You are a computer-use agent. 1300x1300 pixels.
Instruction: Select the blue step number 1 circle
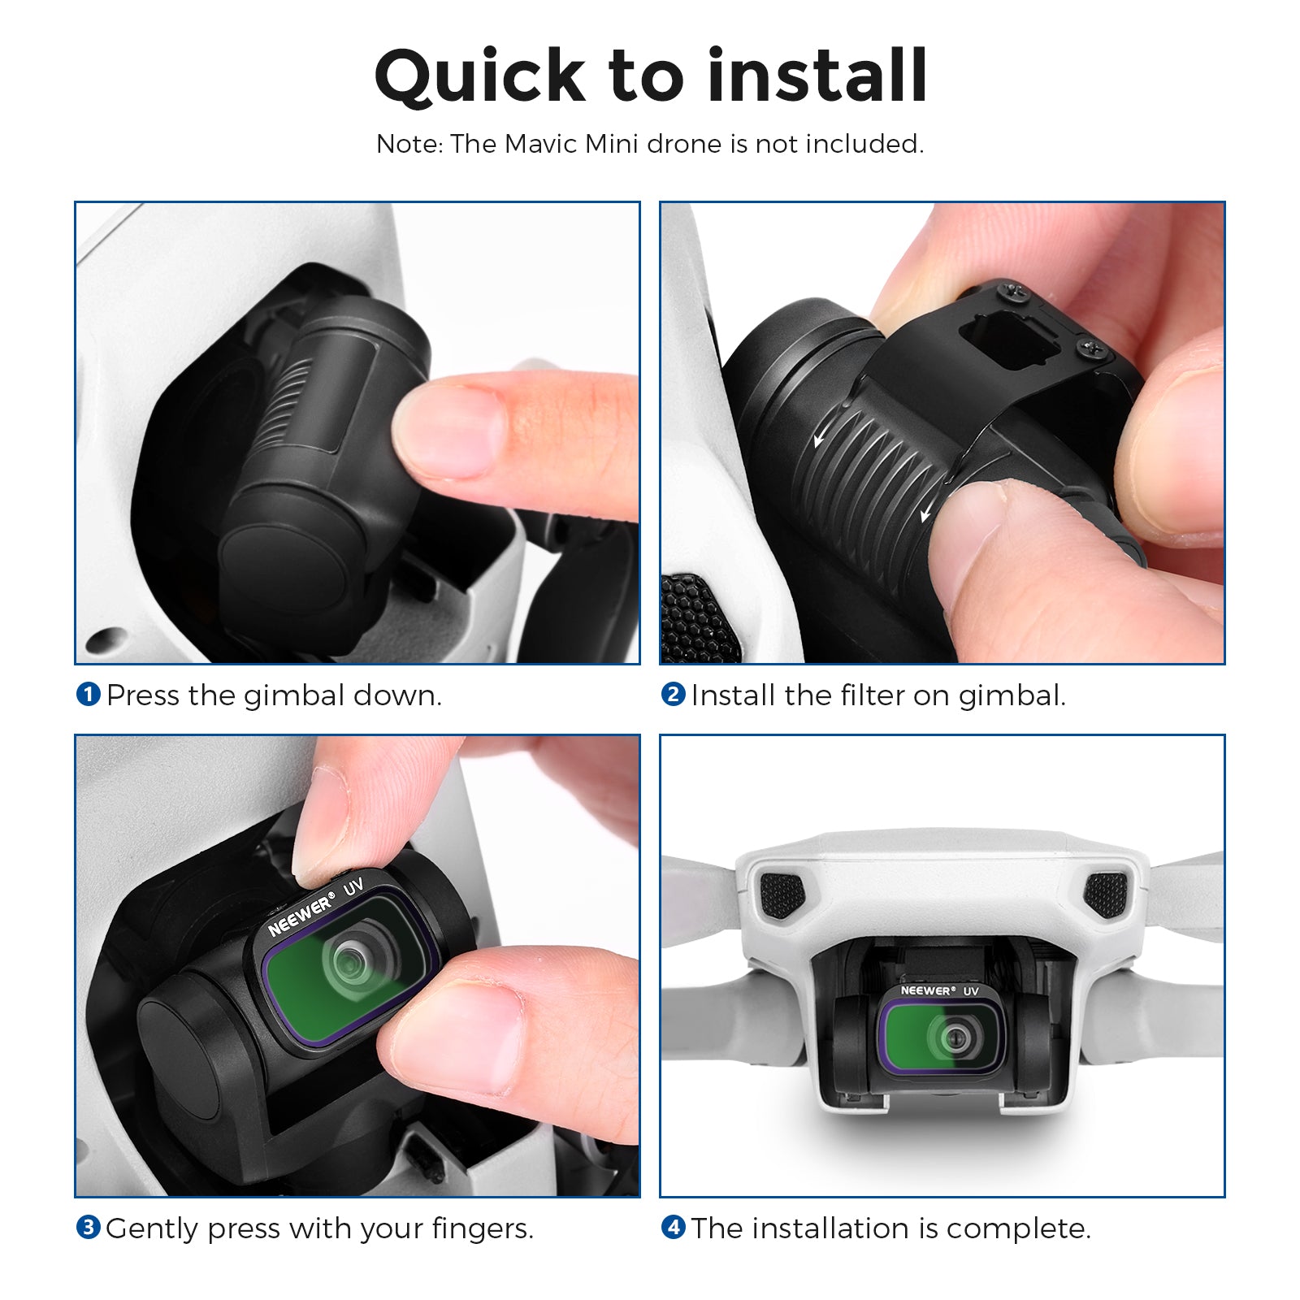click(x=88, y=695)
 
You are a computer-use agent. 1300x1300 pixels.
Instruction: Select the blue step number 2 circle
click(x=673, y=695)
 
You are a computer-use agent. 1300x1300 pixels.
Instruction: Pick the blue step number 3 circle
click(x=88, y=1228)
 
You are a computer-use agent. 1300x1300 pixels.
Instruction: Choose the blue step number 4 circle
click(x=673, y=1228)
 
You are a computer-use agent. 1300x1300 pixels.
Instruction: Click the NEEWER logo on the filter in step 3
click(x=301, y=915)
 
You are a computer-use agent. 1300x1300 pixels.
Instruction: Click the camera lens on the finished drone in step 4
click(x=955, y=1038)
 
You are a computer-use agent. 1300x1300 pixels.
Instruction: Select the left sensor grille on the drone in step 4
click(x=781, y=895)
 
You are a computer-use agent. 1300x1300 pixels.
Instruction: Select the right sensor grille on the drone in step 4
click(x=1106, y=893)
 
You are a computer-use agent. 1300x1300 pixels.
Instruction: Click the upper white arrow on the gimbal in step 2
click(x=822, y=438)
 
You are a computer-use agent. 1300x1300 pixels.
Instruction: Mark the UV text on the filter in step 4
click(x=971, y=990)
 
